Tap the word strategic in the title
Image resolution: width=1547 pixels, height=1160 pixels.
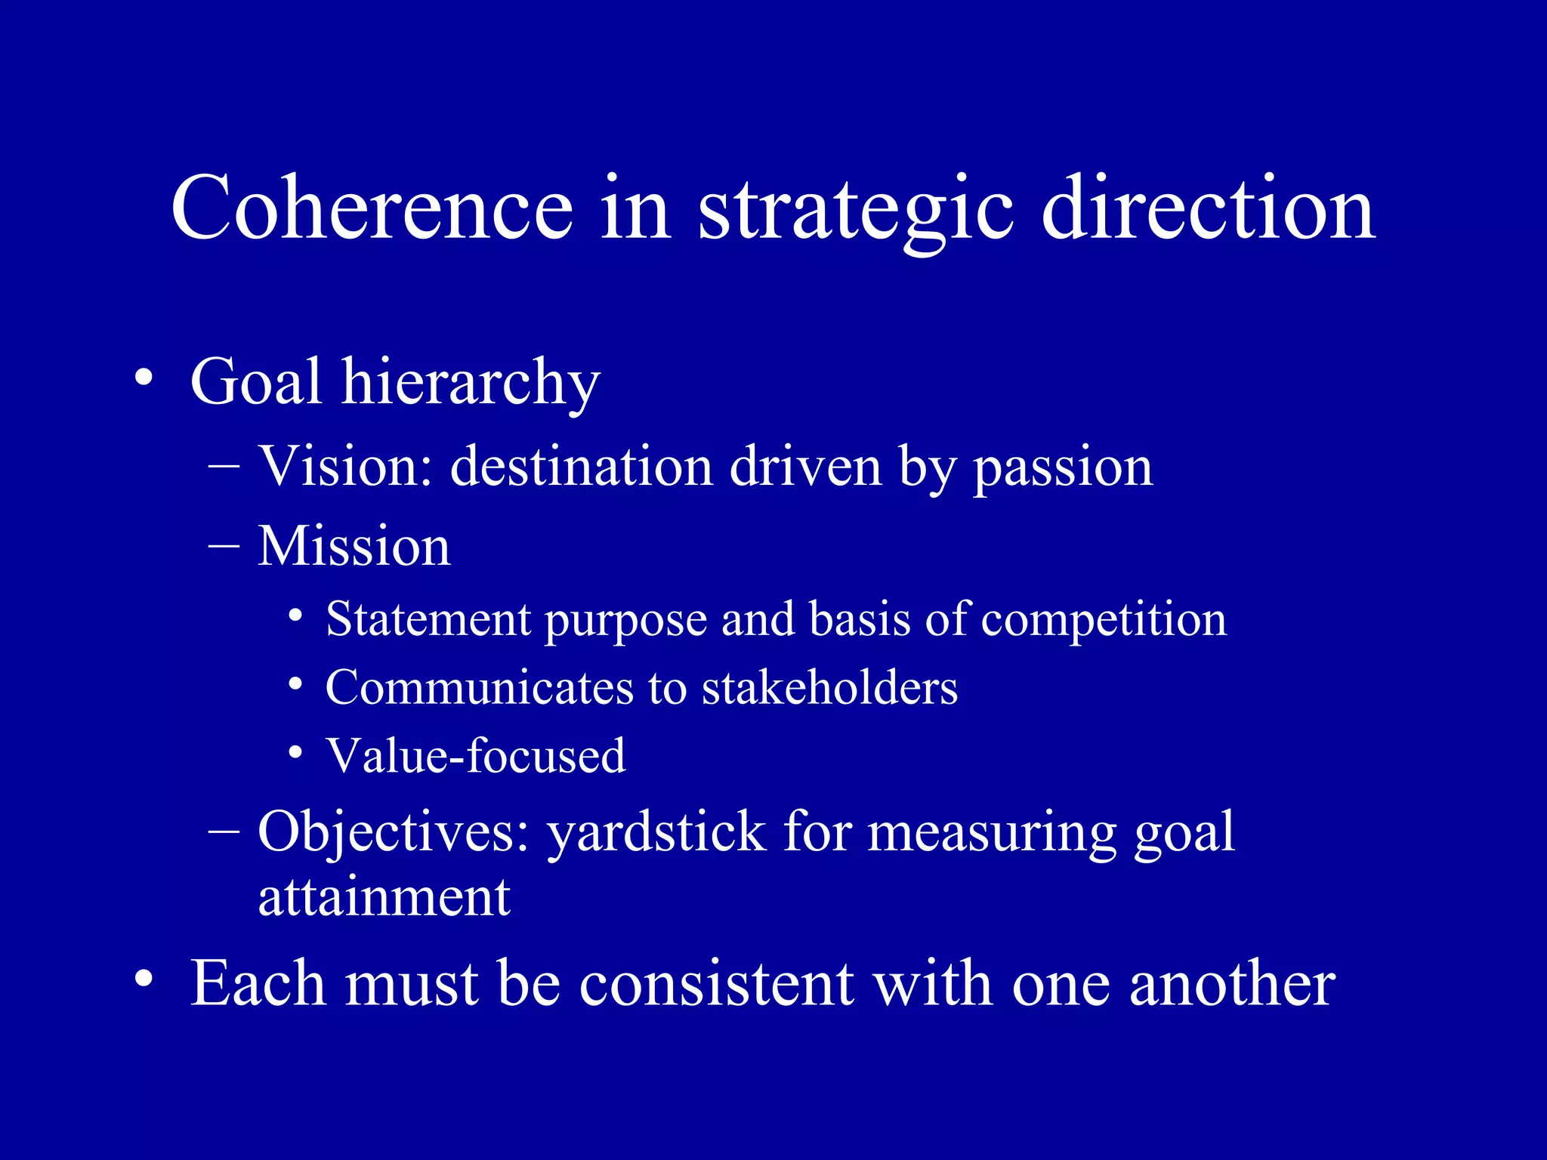coord(855,208)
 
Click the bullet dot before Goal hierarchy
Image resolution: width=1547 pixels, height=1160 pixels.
coord(144,378)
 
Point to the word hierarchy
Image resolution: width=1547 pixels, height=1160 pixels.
coord(471,384)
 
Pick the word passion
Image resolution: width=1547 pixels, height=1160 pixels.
coord(1063,468)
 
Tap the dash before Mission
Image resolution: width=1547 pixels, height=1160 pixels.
coord(224,545)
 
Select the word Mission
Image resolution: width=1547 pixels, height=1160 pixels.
coord(354,545)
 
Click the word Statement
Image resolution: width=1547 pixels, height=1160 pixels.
coord(428,619)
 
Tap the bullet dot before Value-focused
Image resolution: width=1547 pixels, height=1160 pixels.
coord(296,752)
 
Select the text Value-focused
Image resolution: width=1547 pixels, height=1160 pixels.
coord(476,755)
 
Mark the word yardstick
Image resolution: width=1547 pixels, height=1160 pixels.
coord(656,832)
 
